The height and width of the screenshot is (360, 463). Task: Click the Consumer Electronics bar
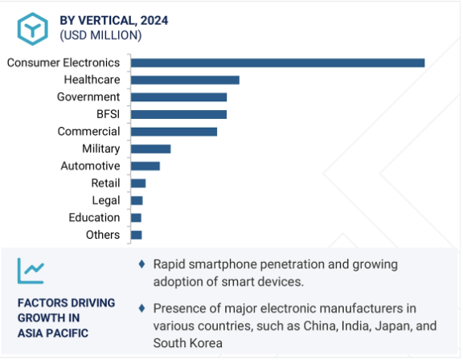[277, 63]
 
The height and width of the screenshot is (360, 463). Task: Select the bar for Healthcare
[185, 80]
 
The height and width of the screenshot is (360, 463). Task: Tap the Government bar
[178, 97]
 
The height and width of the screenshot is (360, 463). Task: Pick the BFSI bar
[178, 114]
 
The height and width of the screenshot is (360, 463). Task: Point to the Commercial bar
[174, 132]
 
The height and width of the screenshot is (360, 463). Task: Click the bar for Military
[150, 149]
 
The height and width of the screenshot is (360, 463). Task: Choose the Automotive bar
[145, 166]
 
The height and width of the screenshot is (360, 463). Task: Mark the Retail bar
[138, 183]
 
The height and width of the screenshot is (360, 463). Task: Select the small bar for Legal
[137, 201]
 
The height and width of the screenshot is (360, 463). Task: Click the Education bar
[136, 218]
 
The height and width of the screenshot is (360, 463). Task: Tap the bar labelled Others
[136, 235]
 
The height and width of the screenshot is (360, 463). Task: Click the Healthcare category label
[92, 80]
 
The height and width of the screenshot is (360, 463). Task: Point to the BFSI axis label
[108, 114]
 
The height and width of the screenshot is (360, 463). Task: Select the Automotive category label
[90, 166]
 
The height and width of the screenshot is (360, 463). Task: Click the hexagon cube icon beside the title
[32, 29]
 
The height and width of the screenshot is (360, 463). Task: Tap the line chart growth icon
[31, 271]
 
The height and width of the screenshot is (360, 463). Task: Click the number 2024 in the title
[154, 21]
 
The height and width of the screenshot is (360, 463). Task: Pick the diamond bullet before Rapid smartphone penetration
[141, 264]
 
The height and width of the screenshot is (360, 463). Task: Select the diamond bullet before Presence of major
[141, 309]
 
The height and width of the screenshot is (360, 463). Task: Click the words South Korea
[188, 343]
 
